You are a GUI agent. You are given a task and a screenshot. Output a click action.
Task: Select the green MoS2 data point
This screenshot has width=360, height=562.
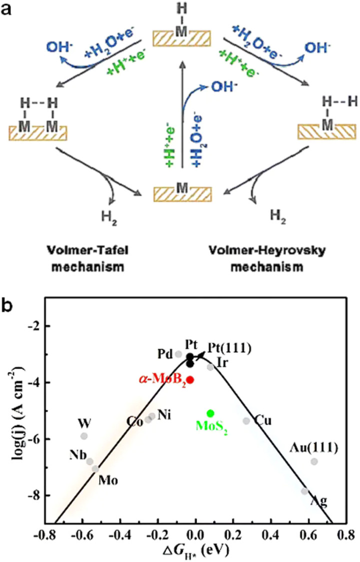tap(210, 413)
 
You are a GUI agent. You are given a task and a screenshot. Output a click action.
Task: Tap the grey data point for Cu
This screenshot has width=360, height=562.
tap(246, 421)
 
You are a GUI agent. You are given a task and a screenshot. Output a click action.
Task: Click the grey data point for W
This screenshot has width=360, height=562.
tap(84, 436)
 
